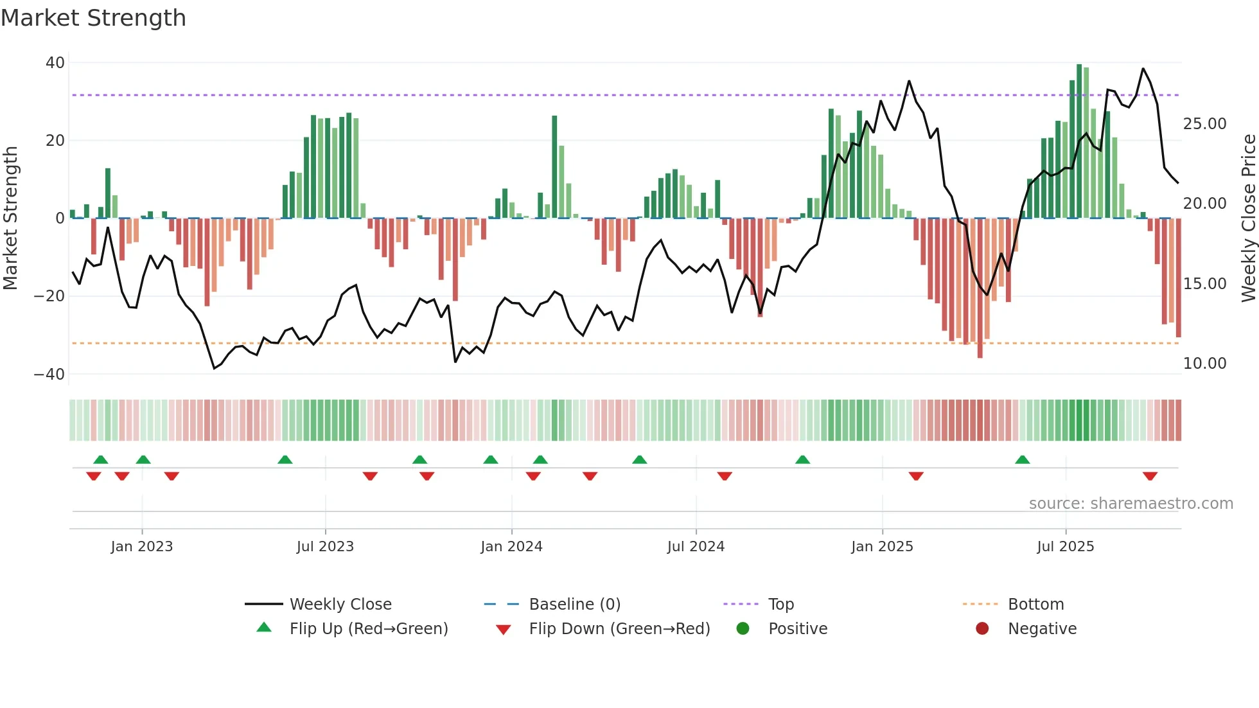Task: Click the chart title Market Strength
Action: (93, 18)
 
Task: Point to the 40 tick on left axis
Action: (55, 63)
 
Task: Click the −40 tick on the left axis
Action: (49, 374)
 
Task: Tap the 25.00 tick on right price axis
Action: (1204, 124)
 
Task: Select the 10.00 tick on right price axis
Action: (1204, 364)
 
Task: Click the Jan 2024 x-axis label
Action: (511, 547)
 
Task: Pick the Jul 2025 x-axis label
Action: (1065, 547)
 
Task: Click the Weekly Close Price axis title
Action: (1248, 218)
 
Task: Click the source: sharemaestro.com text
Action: (1131, 504)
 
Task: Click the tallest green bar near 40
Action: (1079, 141)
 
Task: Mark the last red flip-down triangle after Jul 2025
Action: (1150, 476)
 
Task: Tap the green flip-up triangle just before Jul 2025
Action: (1022, 459)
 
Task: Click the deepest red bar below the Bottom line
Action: (980, 289)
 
